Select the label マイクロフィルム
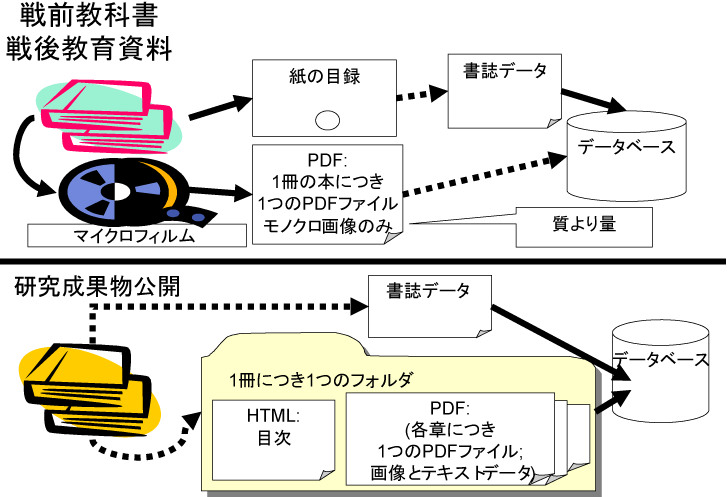click(134, 237)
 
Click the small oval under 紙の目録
click(328, 121)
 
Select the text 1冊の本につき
click(327, 183)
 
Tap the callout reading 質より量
click(584, 225)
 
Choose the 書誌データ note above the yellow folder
click(429, 292)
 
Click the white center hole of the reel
click(118, 189)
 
